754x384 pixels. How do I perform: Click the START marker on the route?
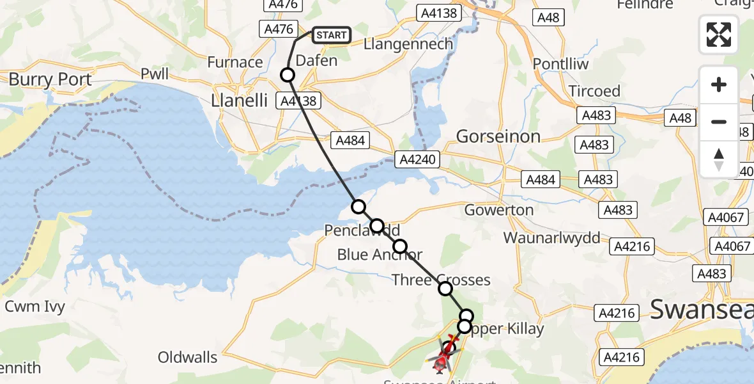point(331,35)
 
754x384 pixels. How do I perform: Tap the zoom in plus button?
point(719,84)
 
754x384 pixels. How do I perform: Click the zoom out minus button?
point(719,122)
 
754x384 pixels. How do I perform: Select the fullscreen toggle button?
point(719,35)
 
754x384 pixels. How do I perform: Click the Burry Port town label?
point(50,79)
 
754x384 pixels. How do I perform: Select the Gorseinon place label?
point(498,136)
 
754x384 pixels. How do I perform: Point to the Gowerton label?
point(499,210)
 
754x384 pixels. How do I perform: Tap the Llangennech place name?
point(408,44)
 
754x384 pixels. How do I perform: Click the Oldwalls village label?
point(188,357)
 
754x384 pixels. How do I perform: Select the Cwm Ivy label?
point(35,307)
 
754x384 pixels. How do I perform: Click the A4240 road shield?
point(418,159)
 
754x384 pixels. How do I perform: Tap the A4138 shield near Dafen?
point(297,100)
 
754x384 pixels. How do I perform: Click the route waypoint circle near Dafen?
point(288,75)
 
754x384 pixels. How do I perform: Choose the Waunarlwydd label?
point(552,238)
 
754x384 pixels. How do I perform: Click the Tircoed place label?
point(594,91)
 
